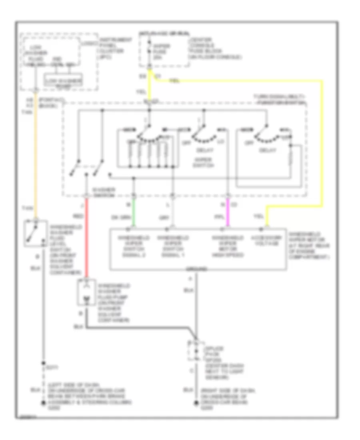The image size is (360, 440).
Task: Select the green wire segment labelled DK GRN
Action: point(134,212)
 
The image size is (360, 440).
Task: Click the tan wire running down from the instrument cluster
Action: point(36,160)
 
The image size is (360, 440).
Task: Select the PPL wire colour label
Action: point(218,217)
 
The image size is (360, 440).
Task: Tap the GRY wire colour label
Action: point(164,217)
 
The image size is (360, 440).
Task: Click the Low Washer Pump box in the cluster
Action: point(64,82)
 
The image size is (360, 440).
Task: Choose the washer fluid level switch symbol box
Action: point(36,233)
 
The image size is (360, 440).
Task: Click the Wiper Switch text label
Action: point(204,163)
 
